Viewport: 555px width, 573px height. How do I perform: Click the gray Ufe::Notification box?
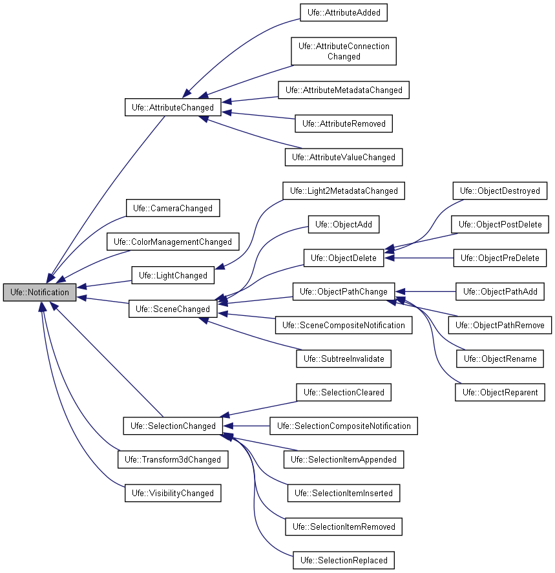tap(39, 292)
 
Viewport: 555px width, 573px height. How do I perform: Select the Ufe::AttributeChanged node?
tap(173, 107)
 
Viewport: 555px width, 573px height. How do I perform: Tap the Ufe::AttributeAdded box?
tap(344, 12)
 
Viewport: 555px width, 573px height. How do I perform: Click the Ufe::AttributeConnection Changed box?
tap(344, 51)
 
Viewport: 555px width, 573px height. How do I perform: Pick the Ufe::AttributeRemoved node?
tap(344, 123)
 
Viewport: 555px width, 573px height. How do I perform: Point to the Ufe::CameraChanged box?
tap(173, 208)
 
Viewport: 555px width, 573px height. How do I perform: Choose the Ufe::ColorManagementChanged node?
tap(173, 242)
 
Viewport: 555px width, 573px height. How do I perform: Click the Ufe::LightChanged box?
tap(173, 275)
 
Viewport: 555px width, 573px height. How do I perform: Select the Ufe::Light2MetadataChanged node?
tap(344, 191)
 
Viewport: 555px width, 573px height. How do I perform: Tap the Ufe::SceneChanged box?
tap(173, 309)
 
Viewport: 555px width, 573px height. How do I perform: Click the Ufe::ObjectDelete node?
tap(344, 258)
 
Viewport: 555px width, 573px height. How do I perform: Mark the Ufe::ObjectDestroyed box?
tap(500, 191)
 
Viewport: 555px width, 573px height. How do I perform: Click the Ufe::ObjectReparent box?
tap(500, 392)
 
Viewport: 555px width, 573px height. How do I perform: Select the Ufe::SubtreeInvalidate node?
tap(344, 359)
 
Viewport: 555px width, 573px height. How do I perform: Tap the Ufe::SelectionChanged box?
tap(173, 426)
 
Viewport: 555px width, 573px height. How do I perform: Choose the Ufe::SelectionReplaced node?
tap(344, 560)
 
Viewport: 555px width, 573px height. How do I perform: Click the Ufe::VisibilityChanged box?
tap(173, 493)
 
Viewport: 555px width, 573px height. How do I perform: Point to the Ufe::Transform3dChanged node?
tap(173, 459)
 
